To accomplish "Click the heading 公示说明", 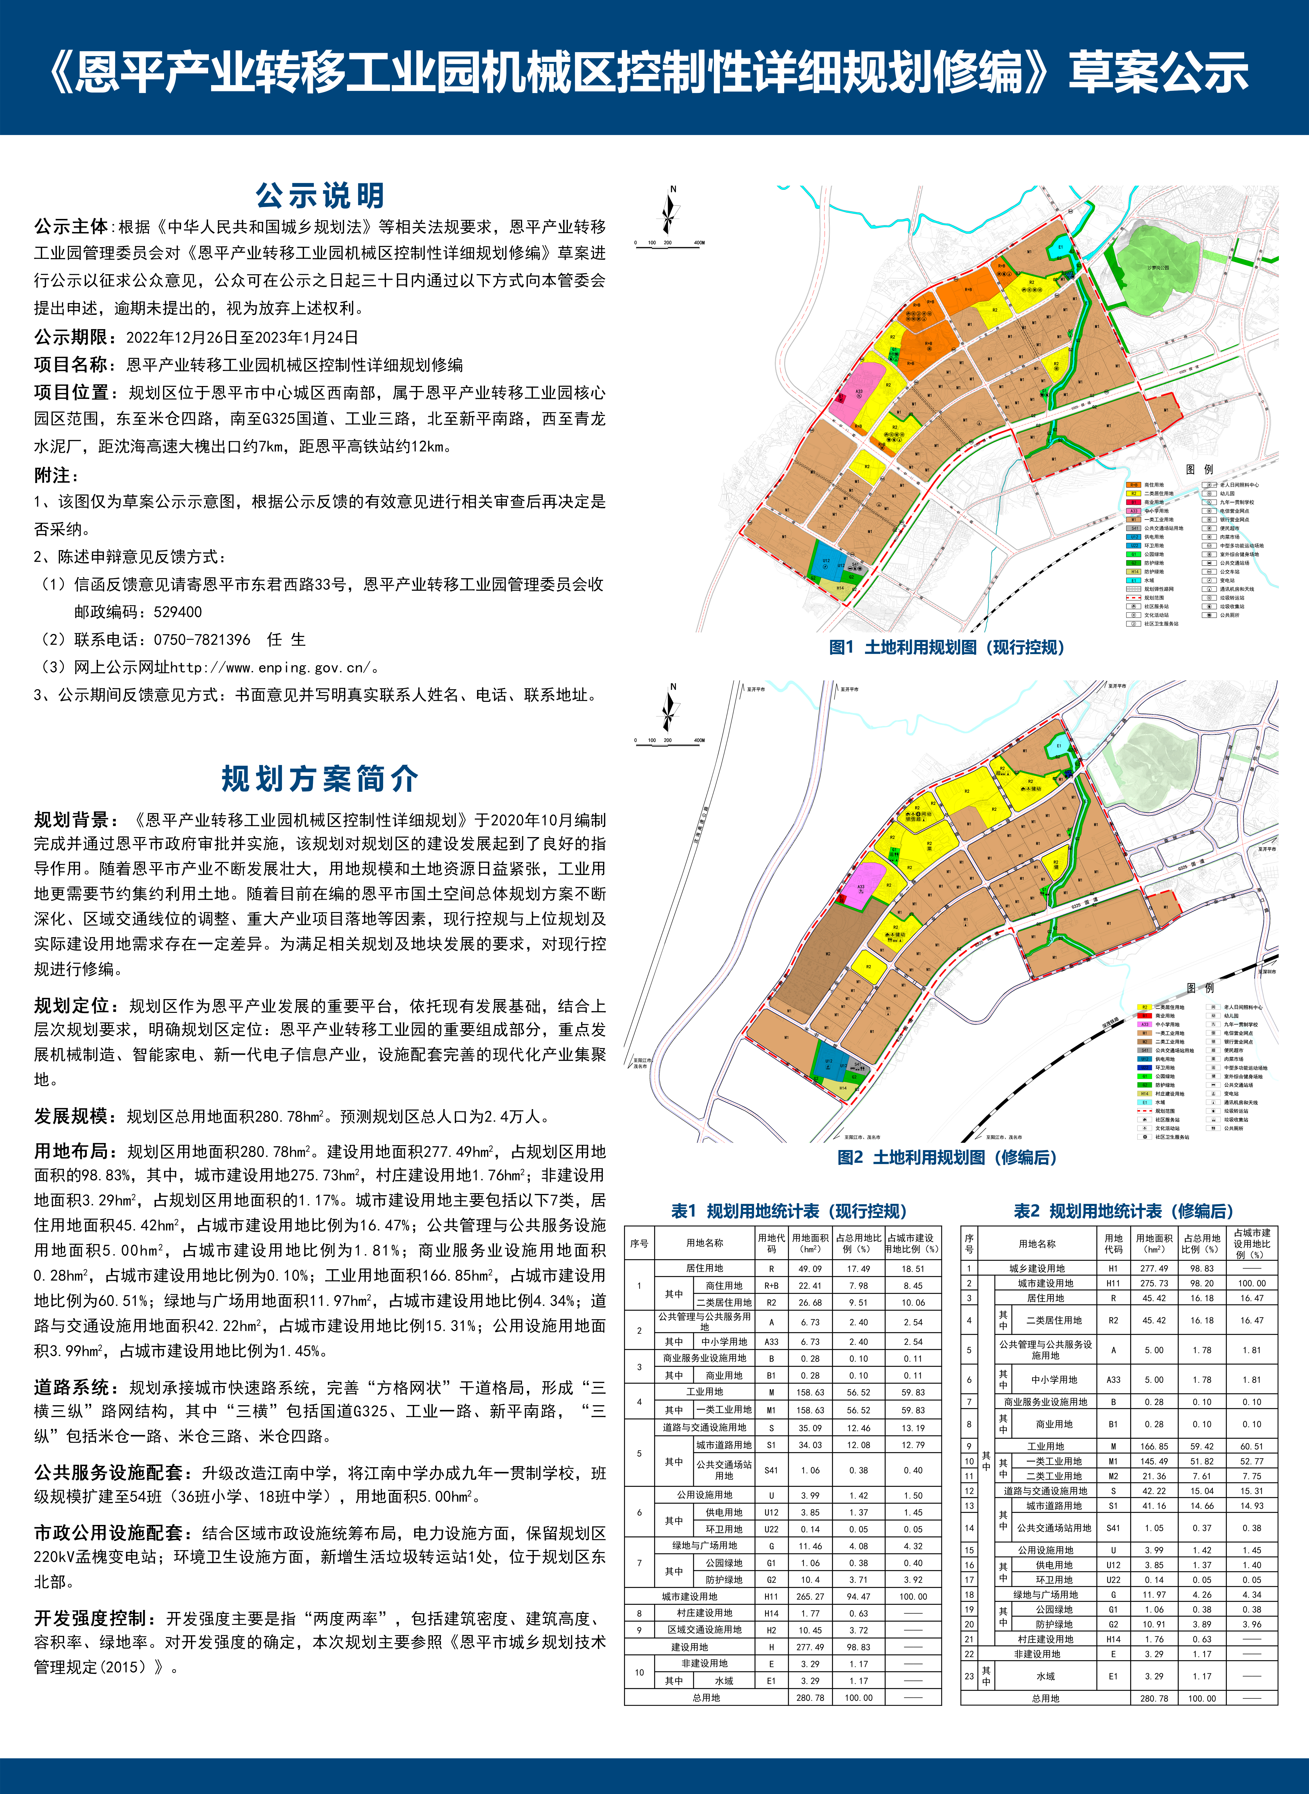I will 319,195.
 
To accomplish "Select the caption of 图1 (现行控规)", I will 947,647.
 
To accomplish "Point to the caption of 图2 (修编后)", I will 947,1158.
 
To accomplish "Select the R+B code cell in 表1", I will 771,1286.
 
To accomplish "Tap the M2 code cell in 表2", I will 1113,1476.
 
